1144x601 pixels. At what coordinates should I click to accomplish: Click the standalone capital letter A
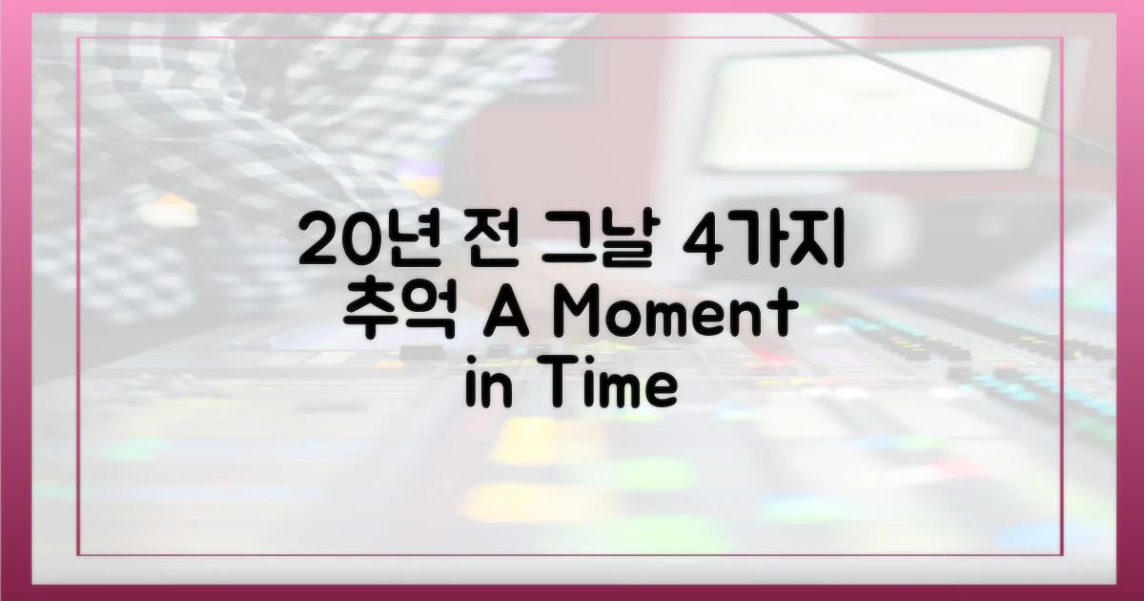coord(500,314)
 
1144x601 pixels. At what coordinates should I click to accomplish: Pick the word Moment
coord(674,314)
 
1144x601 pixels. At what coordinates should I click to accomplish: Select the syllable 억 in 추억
coord(435,314)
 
